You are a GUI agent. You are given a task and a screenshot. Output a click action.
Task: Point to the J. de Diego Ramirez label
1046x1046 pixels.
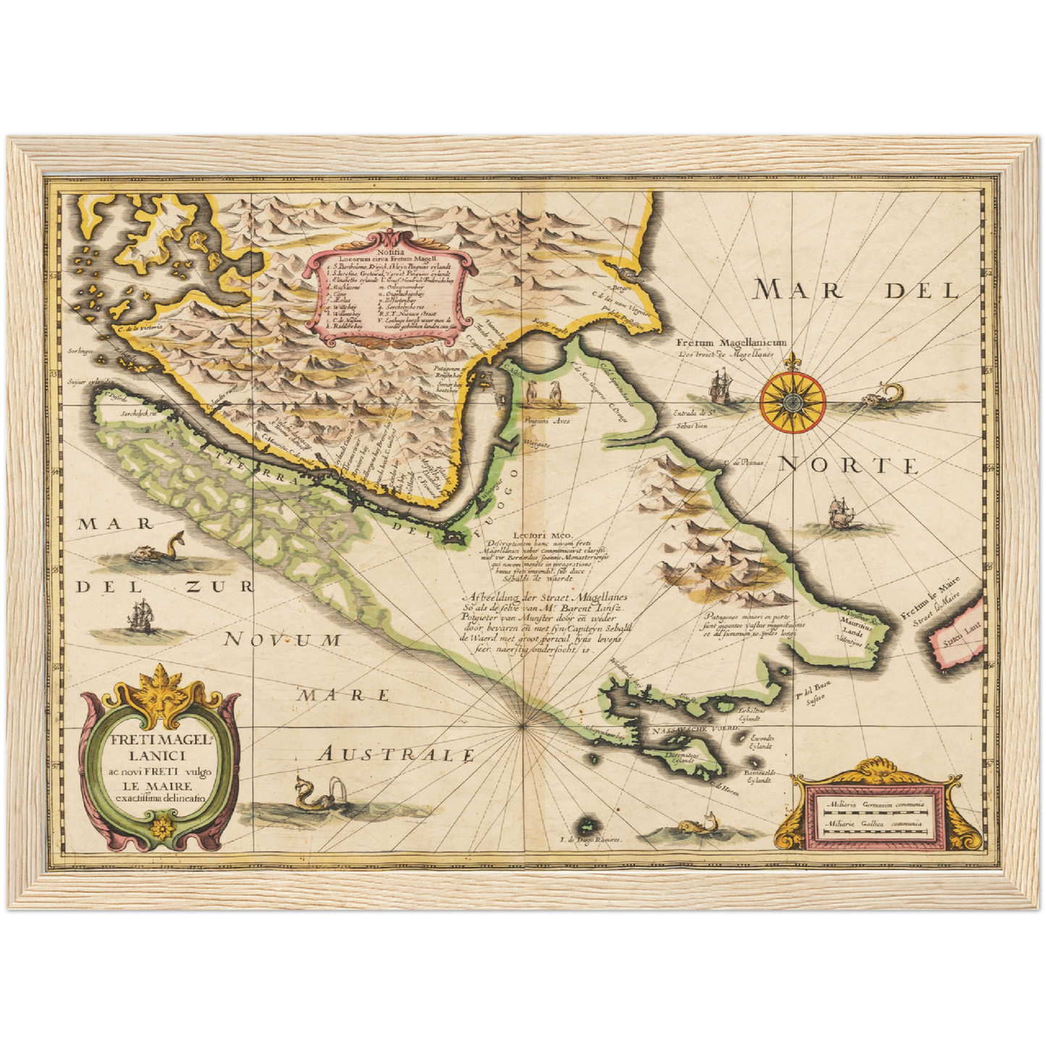pos(591,840)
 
